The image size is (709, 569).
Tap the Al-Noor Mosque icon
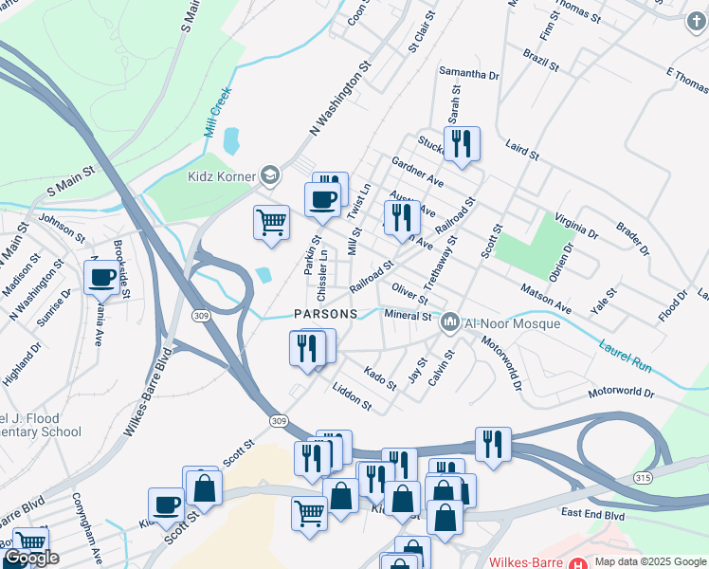coord(450,323)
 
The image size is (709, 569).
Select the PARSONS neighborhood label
coord(325,314)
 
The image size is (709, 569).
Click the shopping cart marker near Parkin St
coord(271,222)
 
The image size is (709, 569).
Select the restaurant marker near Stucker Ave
coord(462,143)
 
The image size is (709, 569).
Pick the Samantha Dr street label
coord(469,73)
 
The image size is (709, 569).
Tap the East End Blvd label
coord(592,513)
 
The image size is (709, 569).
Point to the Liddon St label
coord(352,398)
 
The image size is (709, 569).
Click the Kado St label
coord(380,378)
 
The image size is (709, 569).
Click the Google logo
coord(31,558)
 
